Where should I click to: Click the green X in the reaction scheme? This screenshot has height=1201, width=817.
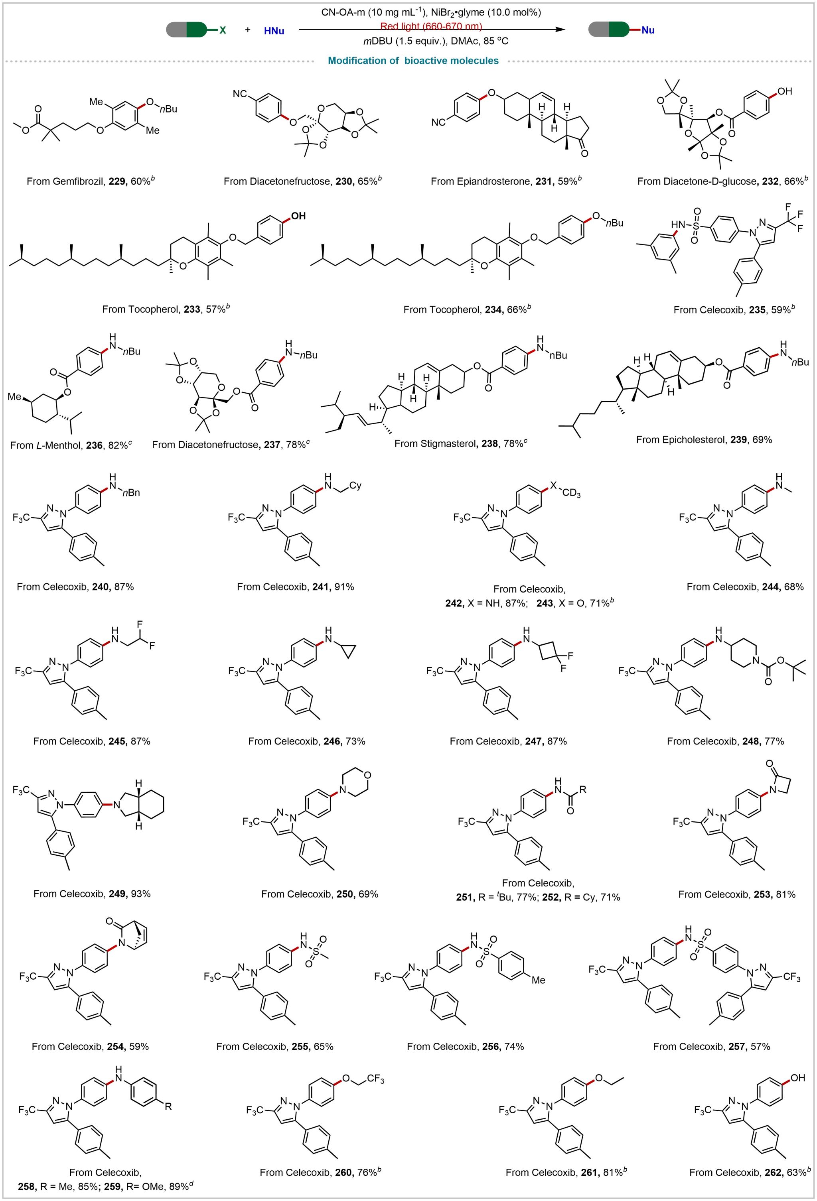[x=223, y=30]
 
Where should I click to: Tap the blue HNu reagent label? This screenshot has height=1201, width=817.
[x=274, y=31]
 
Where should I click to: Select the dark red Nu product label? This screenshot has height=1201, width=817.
[x=647, y=30]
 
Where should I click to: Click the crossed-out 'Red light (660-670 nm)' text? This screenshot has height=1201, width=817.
[x=431, y=26]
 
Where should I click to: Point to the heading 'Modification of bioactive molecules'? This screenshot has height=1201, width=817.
[x=413, y=61]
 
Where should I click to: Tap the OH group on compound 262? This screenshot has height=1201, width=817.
[x=798, y=1077]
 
